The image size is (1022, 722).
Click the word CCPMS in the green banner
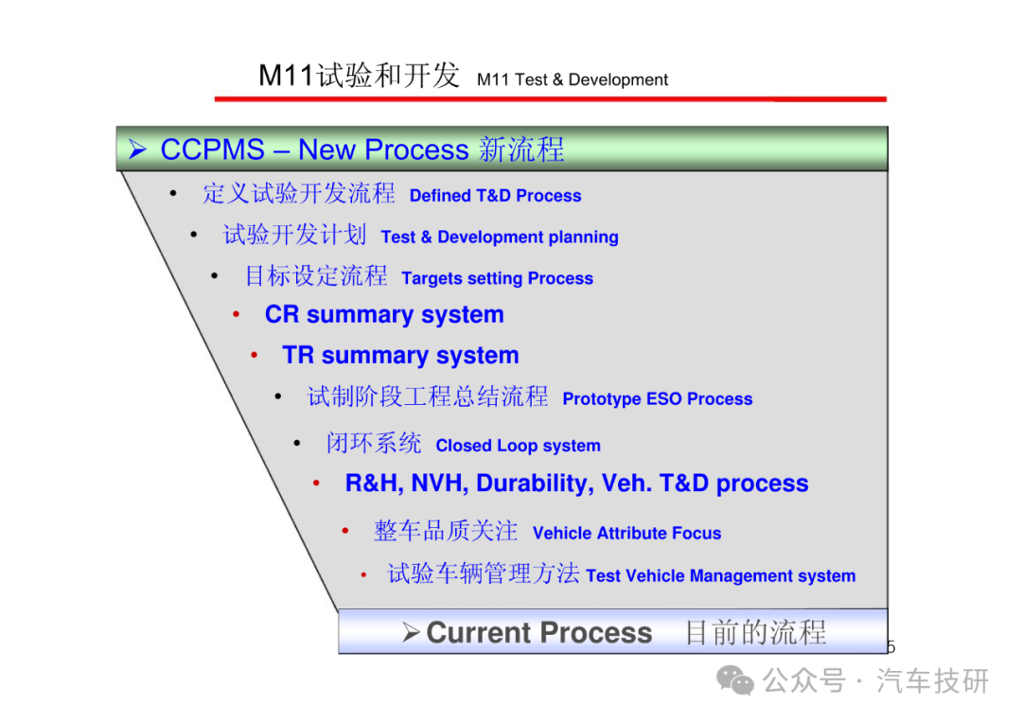pos(212,150)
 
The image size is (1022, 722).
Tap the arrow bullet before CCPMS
pos(137,150)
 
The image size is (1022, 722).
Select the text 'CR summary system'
pos(384,315)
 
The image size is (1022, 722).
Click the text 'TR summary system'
pos(400,355)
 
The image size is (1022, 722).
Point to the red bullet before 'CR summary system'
pos(236,315)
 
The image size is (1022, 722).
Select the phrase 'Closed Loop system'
pos(519,446)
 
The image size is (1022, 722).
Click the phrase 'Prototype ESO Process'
pos(657,398)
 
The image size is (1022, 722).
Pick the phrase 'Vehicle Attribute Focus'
pos(626,533)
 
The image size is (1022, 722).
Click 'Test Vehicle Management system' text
pos(720,576)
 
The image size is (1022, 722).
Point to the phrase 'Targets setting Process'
pos(497,278)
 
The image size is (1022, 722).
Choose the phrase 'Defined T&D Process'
pos(495,196)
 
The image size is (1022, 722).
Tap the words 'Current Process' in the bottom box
pos(539,633)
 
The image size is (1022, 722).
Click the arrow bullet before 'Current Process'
pos(410,632)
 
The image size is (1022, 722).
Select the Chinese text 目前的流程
pos(755,633)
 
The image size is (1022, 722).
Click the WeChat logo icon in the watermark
pos(735,681)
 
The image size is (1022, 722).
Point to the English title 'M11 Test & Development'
pos(573,79)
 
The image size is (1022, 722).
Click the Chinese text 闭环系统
pos(374,443)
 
